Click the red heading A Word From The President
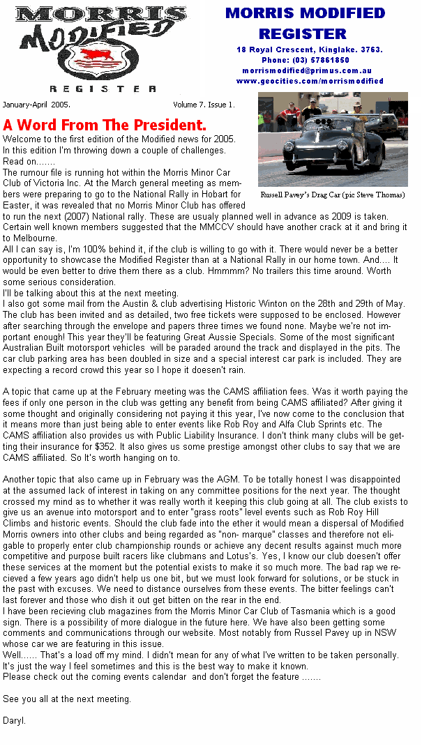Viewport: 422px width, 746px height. [x=105, y=125]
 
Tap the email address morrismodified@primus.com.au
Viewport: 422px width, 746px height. [x=307, y=70]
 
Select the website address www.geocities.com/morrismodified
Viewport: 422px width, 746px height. [x=310, y=81]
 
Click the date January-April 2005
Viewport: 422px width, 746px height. [x=36, y=105]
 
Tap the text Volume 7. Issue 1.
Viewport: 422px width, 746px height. [x=204, y=105]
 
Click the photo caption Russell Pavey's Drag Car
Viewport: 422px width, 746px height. [x=332, y=195]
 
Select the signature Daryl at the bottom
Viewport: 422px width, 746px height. [x=14, y=720]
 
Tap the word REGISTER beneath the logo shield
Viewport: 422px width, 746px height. [x=103, y=89]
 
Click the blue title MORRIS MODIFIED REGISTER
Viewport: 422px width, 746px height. [x=305, y=23]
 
